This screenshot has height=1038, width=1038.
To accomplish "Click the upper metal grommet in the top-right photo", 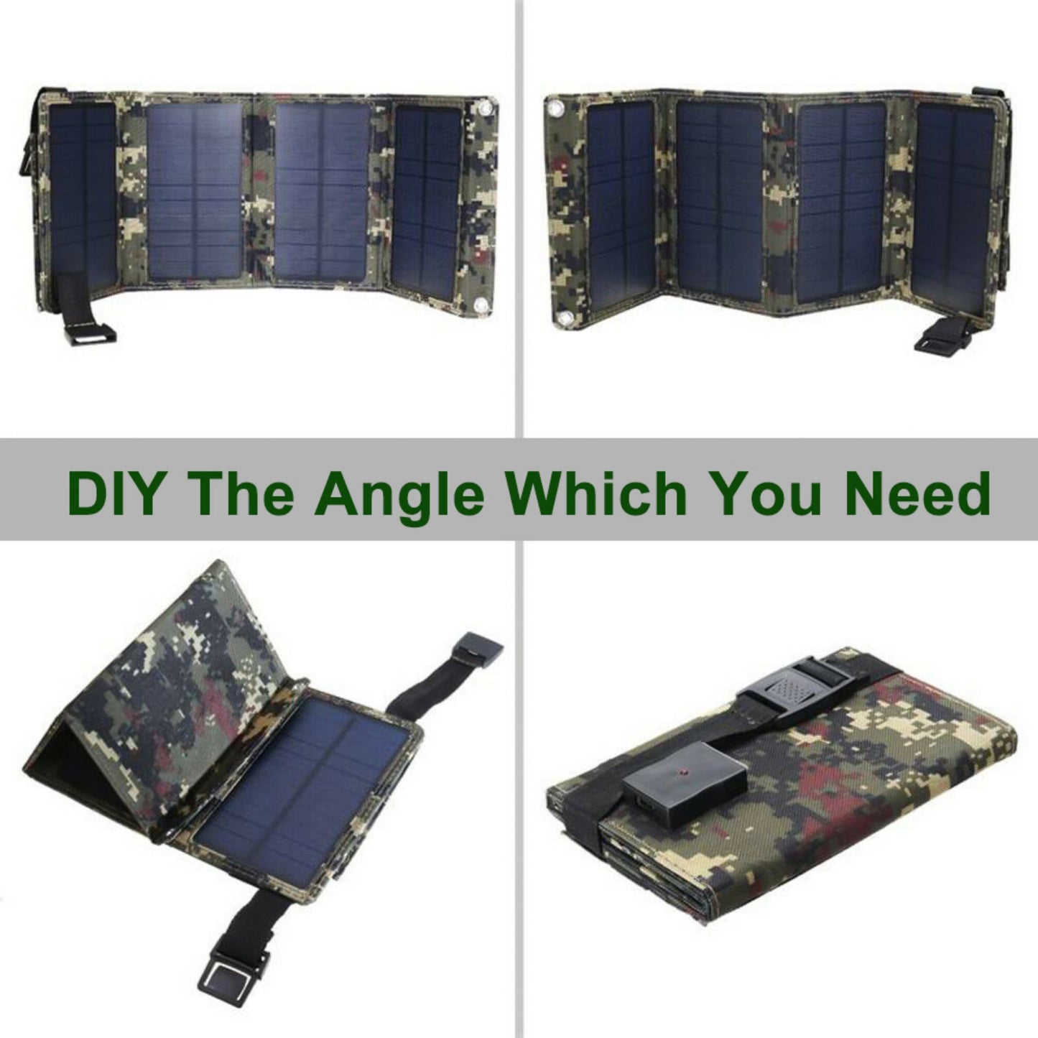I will pos(555,109).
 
